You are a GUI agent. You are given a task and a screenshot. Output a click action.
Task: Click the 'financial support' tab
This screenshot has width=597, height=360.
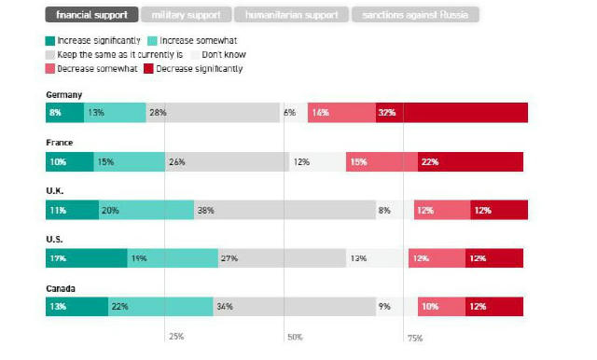click(x=92, y=15)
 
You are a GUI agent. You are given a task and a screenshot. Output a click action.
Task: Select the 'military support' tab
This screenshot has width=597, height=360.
click(x=187, y=15)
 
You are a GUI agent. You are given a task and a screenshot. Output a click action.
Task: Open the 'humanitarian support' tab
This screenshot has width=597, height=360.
click(x=292, y=15)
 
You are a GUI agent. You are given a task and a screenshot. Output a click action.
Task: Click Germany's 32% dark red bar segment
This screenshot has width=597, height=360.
click(x=465, y=113)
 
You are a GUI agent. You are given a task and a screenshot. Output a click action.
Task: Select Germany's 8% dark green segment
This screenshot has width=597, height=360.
click(x=64, y=113)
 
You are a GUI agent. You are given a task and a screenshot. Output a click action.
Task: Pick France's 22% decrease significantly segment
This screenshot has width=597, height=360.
click(x=470, y=161)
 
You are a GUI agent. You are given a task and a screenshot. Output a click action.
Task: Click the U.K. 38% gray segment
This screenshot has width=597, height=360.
click(x=285, y=211)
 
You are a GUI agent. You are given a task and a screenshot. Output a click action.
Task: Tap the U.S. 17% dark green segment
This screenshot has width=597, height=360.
click(x=86, y=258)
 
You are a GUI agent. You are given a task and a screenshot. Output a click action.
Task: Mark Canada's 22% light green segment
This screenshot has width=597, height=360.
click(x=160, y=307)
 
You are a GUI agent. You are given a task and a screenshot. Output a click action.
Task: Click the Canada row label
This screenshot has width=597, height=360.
click(x=61, y=288)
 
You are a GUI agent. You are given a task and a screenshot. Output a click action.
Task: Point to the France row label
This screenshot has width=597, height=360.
click(x=59, y=143)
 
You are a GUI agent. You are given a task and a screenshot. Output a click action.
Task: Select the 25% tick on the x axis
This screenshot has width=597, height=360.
click(x=175, y=337)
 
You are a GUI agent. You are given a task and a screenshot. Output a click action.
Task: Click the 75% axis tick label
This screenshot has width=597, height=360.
click(x=415, y=337)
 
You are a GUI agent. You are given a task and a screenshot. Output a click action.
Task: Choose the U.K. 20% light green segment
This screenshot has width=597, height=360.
click(x=146, y=211)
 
